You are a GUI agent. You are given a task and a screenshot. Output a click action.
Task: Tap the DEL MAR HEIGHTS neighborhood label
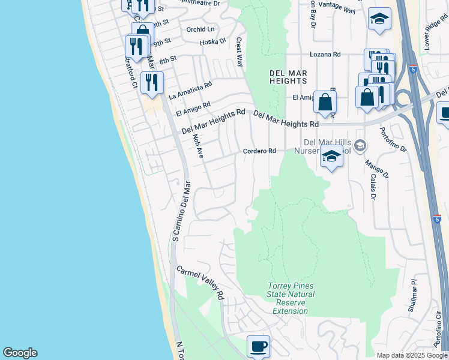pyautogui.click(x=288, y=77)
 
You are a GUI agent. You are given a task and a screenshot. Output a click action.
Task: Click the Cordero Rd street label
pyautogui.click(x=260, y=151)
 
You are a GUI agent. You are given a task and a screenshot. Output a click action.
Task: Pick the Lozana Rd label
pyautogui.click(x=325, y=55)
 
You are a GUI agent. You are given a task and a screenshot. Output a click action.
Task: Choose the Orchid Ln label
pyautogui.click(x=200, y=29)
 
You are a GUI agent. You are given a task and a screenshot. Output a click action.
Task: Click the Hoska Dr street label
pyautogui.click(x=213, y=42)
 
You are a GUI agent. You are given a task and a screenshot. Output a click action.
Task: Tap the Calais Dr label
pyautogui.click(x=373, y=187)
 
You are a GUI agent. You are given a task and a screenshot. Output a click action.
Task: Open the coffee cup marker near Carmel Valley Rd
pyautogui.click(x=258, y=346)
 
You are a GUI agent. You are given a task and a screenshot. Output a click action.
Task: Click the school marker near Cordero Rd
pyautogui.click(x=331, y=157)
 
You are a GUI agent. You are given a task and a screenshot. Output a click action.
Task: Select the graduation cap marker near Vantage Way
pyautogui.click(x=379, y=20)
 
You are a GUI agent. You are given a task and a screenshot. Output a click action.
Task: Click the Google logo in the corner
pyautogui.click(x=20, y=353)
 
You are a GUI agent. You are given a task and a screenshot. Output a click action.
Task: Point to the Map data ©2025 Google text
pyautogui.click(x=412, y=355)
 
